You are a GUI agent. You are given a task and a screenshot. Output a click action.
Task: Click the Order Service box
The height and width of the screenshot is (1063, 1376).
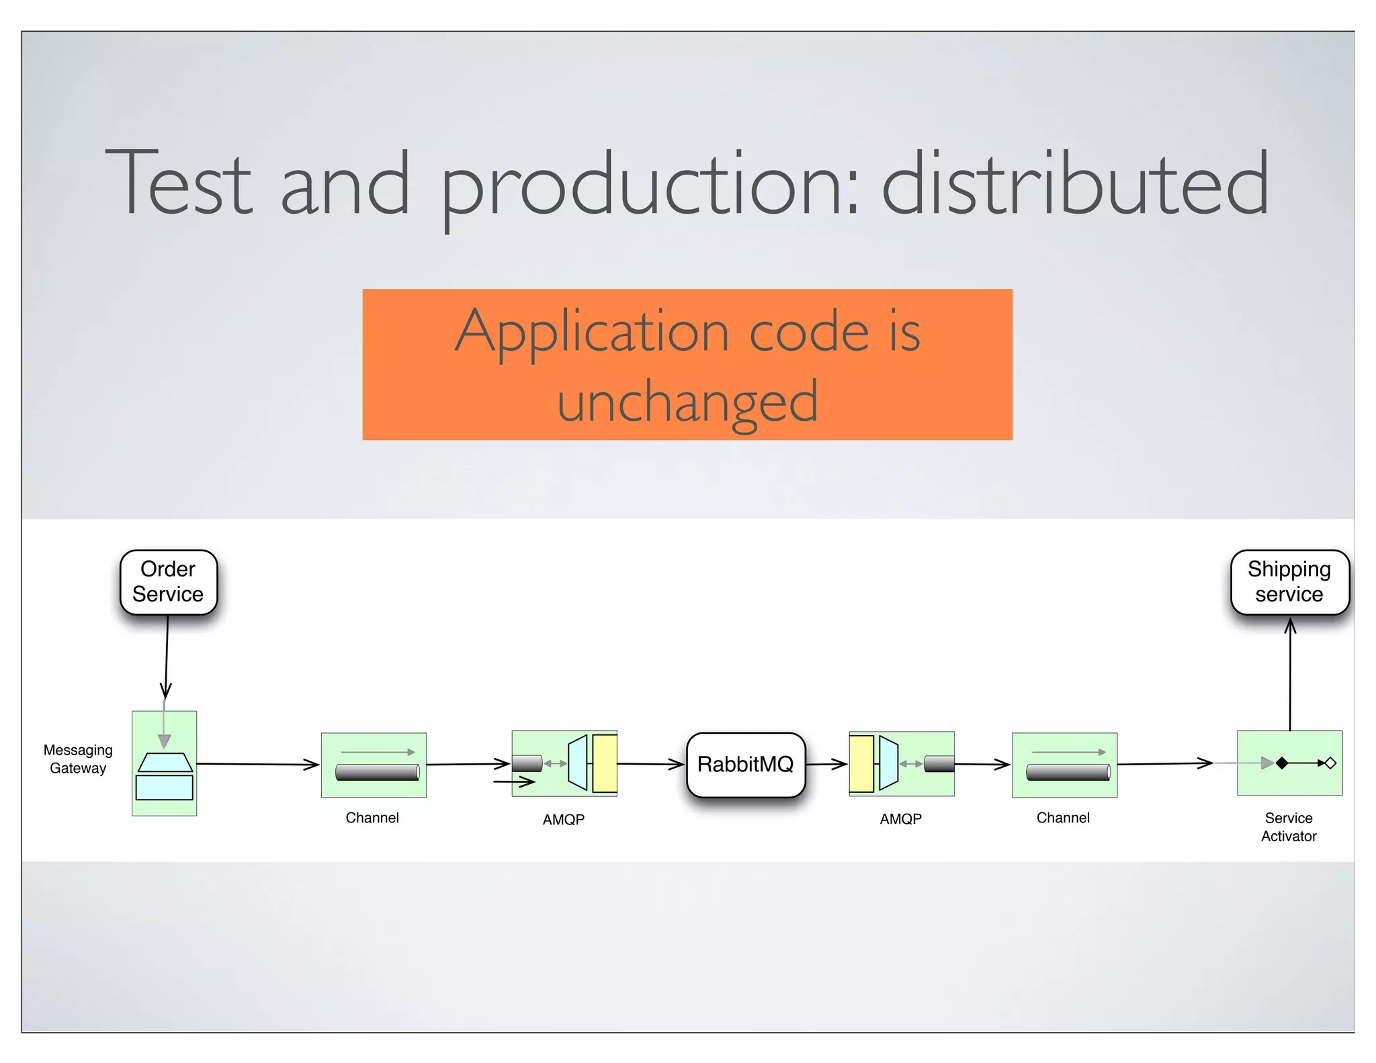[168, 582]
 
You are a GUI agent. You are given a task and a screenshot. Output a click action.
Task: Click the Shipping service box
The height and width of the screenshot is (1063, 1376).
[1289, 582]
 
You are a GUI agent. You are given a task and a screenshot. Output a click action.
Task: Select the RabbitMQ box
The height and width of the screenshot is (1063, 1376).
[745, 765]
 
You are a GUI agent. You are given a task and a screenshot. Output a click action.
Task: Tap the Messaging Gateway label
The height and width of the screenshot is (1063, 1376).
[78, 759]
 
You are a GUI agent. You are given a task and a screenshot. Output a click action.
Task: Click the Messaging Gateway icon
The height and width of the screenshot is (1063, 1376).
[164, 763]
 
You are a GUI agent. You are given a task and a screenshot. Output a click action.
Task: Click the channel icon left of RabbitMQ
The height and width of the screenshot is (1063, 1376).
[374, 765]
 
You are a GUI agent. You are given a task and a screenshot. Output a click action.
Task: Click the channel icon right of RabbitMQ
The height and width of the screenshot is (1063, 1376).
[1064, 765]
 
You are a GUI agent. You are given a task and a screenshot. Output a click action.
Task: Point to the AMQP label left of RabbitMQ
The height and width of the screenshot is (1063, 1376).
[563, 819]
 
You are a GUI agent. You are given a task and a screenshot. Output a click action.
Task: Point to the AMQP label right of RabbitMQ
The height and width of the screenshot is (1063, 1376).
[900, 818]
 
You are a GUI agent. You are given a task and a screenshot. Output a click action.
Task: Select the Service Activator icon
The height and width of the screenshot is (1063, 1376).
[1289, 763]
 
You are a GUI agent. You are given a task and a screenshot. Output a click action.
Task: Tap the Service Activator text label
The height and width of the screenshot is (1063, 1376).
[1288, 827]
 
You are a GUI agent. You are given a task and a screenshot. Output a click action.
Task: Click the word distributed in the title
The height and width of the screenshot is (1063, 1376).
[1074, 183]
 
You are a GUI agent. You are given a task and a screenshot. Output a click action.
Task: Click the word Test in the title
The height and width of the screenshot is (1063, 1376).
[179, 183]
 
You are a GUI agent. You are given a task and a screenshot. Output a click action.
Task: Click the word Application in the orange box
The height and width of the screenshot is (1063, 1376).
[592, 331]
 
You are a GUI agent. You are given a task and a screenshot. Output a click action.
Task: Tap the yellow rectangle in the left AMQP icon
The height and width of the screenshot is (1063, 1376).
[605, 763]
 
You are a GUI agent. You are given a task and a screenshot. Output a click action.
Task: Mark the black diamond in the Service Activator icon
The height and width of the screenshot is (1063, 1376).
[1282, 763]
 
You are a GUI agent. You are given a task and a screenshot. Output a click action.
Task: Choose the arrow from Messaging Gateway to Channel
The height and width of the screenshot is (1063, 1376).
[258, 764]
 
